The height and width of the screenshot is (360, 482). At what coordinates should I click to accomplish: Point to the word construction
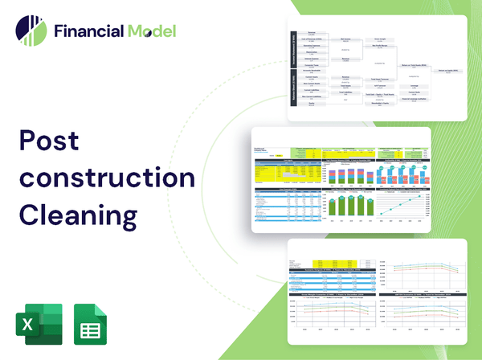(x=105, y=178)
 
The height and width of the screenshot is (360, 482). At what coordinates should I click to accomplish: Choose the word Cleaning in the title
(x=79, y=215)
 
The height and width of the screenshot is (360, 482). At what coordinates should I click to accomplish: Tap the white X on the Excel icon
(x=27, y=325)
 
